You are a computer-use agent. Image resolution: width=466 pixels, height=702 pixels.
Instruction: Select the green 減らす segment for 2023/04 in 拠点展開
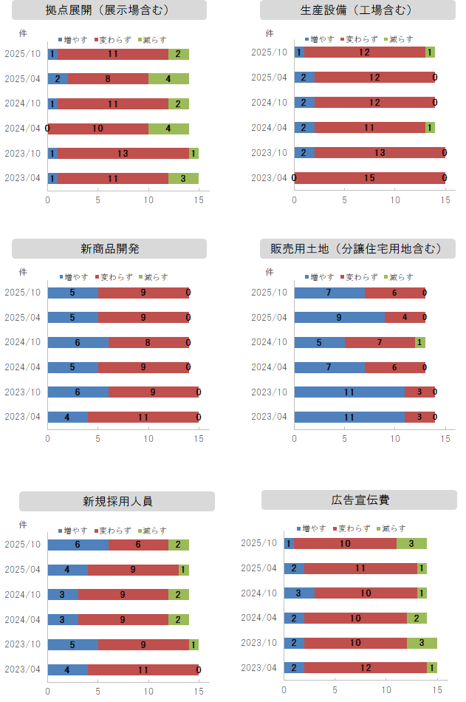pos(183,178)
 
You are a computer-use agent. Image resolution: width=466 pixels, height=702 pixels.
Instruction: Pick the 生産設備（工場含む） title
pos(358,10)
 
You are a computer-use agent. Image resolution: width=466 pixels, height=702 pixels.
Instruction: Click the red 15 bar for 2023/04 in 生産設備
pos(369,178)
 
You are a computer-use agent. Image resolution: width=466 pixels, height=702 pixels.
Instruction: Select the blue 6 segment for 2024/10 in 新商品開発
pos(78,342)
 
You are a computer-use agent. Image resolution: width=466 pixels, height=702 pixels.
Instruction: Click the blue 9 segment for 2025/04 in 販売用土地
pos(339,317)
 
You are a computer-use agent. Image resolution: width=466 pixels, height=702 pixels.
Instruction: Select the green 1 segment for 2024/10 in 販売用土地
pos(419,342)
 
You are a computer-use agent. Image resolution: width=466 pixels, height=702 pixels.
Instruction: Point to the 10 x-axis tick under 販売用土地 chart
pos(395,437)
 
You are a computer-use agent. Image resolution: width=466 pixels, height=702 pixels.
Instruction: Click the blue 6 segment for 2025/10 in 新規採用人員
pos(78,545)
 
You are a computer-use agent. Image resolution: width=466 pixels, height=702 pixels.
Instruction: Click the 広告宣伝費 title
pos(360,500)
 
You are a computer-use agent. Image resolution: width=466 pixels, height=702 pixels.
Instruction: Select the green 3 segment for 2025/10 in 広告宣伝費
pos(411,543)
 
